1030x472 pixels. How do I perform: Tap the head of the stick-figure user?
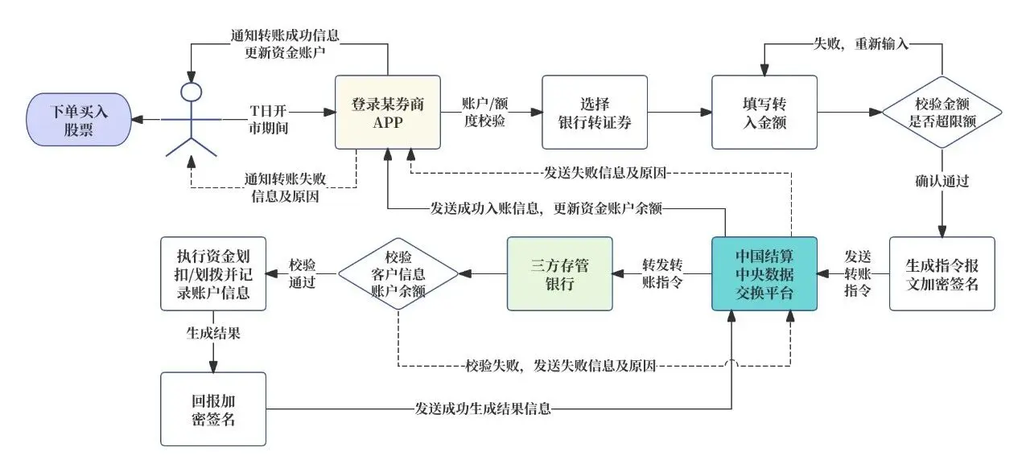190,91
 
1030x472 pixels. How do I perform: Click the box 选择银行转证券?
594,113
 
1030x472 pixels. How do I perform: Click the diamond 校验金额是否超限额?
941,113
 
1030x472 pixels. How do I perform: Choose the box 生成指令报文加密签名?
941,273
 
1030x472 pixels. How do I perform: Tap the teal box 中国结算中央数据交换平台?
764,273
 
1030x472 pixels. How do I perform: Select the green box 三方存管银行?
559,273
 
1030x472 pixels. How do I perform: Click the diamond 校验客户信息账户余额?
398,273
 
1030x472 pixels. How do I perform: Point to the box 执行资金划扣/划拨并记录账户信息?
213,273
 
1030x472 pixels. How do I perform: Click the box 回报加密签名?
213,408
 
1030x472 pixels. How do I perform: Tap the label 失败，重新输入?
861,44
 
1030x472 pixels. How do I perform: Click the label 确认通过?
941,181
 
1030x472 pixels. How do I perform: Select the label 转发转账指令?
663,273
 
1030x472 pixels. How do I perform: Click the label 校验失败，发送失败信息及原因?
561,367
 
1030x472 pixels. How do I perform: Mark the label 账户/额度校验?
488,113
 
